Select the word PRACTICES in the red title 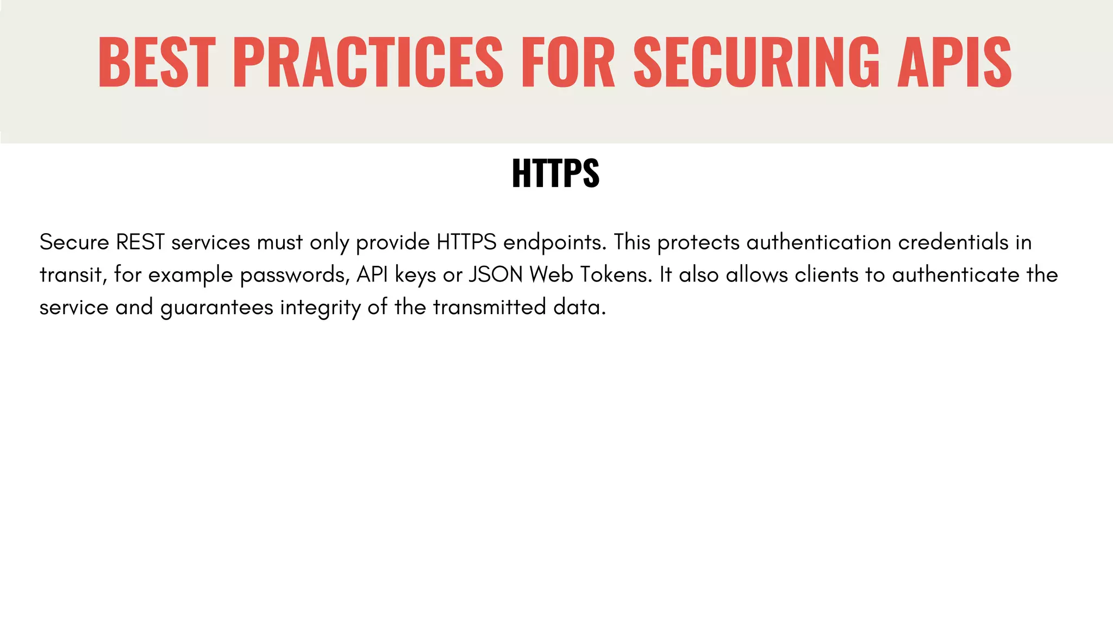(x=368, y=61)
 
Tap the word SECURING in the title (x=756, y=61)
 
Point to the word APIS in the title (x=954, y=61)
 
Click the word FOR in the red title (x=567, y=61)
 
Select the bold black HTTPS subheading (x=555, y=173)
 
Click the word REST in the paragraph (x=140, y=242)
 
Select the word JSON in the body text (x=495, y=275)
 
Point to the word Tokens (x=616, y=275)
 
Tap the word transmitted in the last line (x=489, y=308)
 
